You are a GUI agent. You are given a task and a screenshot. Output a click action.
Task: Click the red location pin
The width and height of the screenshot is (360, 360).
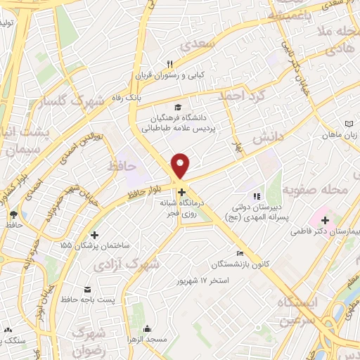click(x=181, y=165)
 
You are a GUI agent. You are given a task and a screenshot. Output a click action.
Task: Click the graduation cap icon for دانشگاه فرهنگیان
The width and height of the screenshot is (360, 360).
click(x=178, y=107)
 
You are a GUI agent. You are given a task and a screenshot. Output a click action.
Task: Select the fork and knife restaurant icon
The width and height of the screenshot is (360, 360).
click(x=169, y=64)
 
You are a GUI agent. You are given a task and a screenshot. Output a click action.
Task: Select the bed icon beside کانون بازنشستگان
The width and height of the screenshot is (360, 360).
click(x=240, y=253)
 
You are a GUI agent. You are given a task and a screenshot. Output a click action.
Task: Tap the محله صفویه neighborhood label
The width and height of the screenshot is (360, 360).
click(x=316, y=190)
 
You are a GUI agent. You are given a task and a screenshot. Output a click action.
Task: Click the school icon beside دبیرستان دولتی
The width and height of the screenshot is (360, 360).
click(x=257, y=196)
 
